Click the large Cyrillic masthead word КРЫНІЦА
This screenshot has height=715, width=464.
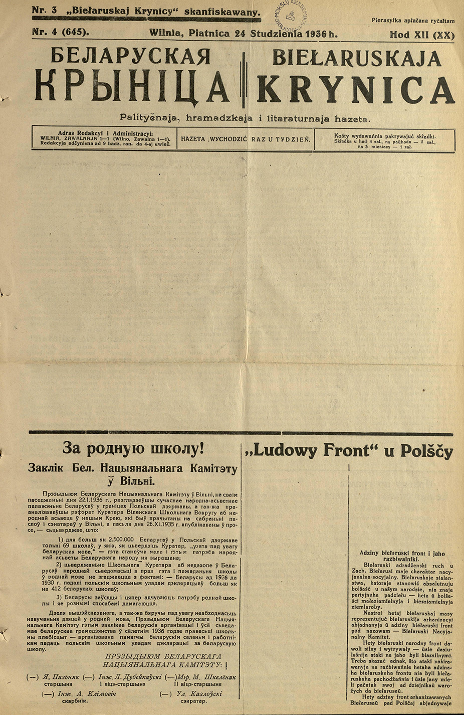(132, 86)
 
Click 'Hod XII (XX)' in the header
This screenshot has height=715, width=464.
(422, 35)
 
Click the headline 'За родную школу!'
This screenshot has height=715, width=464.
(133, 448)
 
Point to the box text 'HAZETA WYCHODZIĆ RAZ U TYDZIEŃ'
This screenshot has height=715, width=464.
(246, 139)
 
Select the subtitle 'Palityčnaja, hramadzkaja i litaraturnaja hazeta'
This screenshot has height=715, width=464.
(245, 118)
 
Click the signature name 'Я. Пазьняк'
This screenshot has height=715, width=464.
(61, 677)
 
